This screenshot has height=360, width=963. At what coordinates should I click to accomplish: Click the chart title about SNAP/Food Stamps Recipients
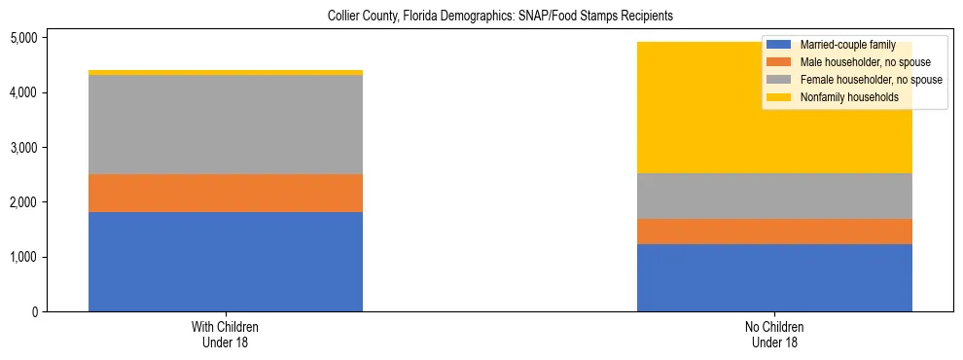(500, 17)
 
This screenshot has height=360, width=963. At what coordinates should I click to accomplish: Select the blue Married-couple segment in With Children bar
(226, 261)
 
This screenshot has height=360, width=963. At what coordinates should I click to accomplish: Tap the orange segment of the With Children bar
(226, 193)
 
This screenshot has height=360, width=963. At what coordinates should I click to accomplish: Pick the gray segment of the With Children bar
(226, 125)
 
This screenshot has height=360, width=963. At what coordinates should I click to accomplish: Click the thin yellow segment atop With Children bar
(226, 72)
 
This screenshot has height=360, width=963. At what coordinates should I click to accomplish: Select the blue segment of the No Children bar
(774, 277)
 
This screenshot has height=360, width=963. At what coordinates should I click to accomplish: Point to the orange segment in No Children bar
(774, 232)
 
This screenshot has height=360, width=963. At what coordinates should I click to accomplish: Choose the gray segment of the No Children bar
(774, 196)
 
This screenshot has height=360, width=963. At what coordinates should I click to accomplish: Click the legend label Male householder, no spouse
(859, 62)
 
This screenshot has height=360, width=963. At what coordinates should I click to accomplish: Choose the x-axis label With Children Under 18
(226, 335)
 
